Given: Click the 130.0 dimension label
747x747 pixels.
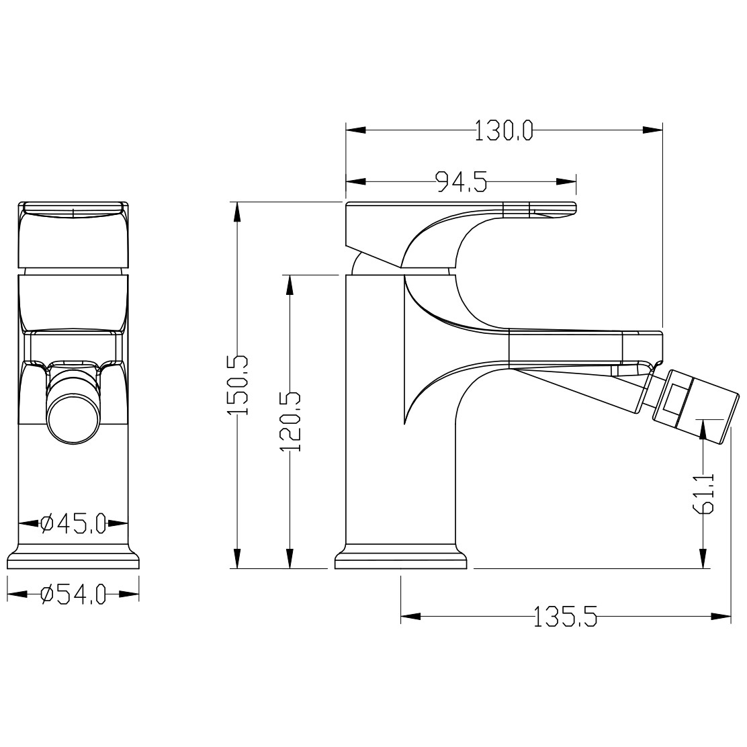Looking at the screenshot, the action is (504, 130).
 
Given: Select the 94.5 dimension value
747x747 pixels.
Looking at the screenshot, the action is (461, 181).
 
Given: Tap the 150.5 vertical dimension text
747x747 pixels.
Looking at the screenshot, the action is (238, 385).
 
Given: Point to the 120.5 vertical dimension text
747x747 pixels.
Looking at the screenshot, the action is (290, 422).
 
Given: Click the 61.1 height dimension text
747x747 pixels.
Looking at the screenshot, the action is (703, 493).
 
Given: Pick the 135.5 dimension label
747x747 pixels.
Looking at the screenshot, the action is (565, 617).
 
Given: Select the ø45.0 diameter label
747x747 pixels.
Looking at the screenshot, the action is (73, 523).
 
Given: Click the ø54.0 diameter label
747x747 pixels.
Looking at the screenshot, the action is (73, 594).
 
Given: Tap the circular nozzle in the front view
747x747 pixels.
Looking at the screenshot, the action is (73, 419).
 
